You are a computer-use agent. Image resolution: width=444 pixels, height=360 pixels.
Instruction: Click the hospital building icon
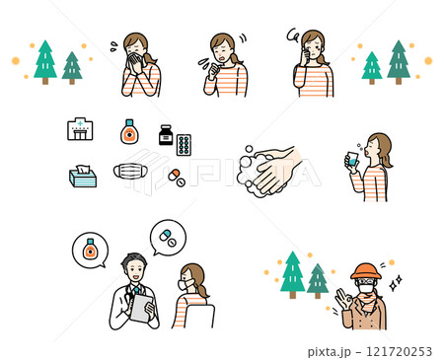(80, 129)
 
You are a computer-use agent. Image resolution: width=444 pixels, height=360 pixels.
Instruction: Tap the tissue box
(83, 177)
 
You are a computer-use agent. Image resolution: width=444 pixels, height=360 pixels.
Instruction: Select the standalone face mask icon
(130, 171)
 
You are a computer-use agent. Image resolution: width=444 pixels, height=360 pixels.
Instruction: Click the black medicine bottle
(166, 135)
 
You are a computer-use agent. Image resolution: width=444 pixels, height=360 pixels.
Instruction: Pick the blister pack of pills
(184, 145)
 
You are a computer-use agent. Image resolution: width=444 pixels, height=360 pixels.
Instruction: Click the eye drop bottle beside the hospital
(129, 131)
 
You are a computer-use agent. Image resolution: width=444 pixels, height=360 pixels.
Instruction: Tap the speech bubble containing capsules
(168, 238)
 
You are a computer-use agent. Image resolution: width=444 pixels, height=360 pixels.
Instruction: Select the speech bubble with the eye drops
(90, 251)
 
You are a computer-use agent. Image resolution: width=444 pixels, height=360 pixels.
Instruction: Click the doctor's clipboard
(142, 308)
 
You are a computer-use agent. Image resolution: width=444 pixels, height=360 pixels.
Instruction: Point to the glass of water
(352, 159)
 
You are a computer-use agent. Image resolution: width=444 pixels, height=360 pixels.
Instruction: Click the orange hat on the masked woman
(366, 271)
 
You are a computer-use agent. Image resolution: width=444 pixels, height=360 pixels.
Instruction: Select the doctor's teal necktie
(136, 290)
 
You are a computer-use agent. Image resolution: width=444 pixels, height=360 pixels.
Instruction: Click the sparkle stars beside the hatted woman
(396, 283)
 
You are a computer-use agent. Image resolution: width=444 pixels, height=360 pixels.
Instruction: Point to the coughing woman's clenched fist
(214, 70)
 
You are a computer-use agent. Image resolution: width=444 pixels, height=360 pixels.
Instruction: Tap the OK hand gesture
(343, 299)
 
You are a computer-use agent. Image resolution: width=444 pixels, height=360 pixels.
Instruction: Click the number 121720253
(399, 352)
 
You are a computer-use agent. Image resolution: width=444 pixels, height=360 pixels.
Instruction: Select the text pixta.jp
(330, 352)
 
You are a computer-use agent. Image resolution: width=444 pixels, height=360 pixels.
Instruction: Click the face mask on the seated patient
(185, 284)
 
